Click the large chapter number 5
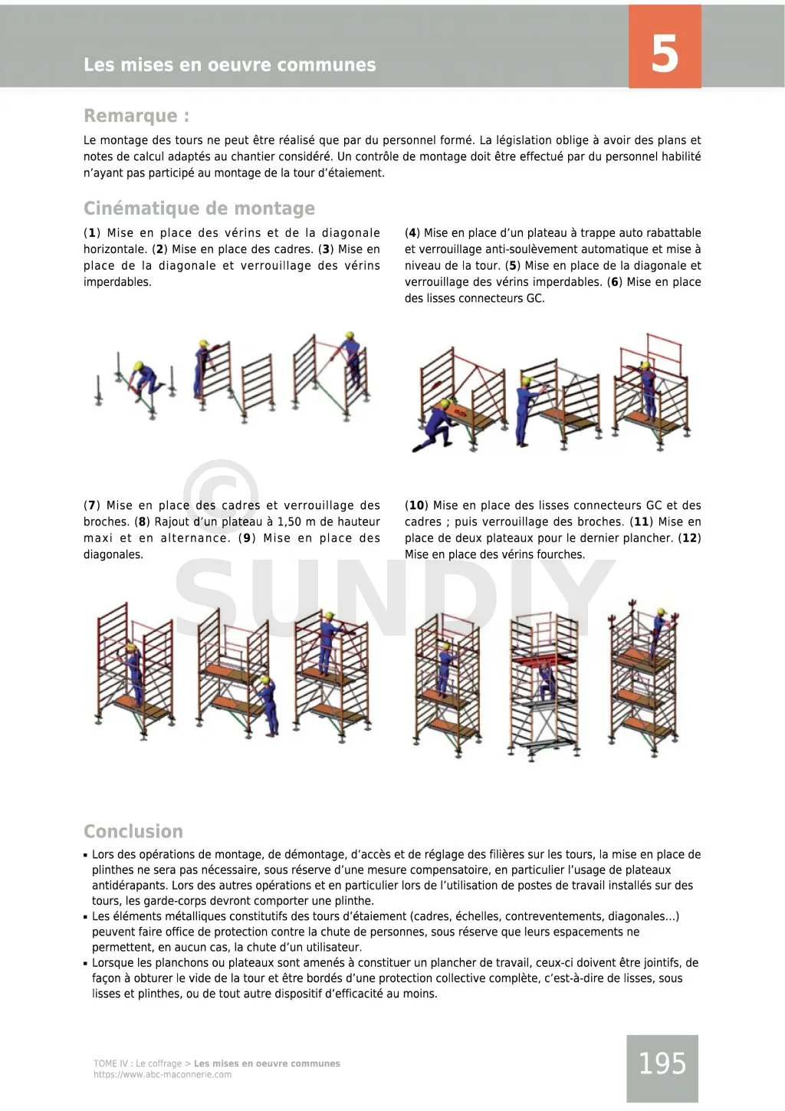(664, 54)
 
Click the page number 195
(662, 1063)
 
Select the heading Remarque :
(136, 116)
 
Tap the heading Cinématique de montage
(199, 209)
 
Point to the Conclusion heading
(133, 831)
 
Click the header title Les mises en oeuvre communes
(230, 65)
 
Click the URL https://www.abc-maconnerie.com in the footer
(163, 1075)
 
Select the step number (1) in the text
(92, 233)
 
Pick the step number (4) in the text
(412, 233)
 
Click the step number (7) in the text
(92, 506)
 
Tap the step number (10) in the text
(416, 506)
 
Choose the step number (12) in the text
(690, 538)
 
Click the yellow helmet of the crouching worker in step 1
(139, 366)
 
